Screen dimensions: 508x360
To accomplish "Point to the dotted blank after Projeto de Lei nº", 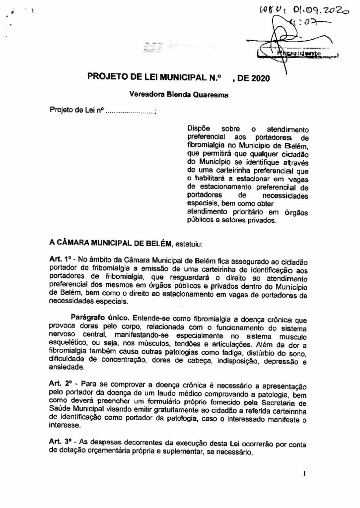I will click(x=131, y=111).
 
